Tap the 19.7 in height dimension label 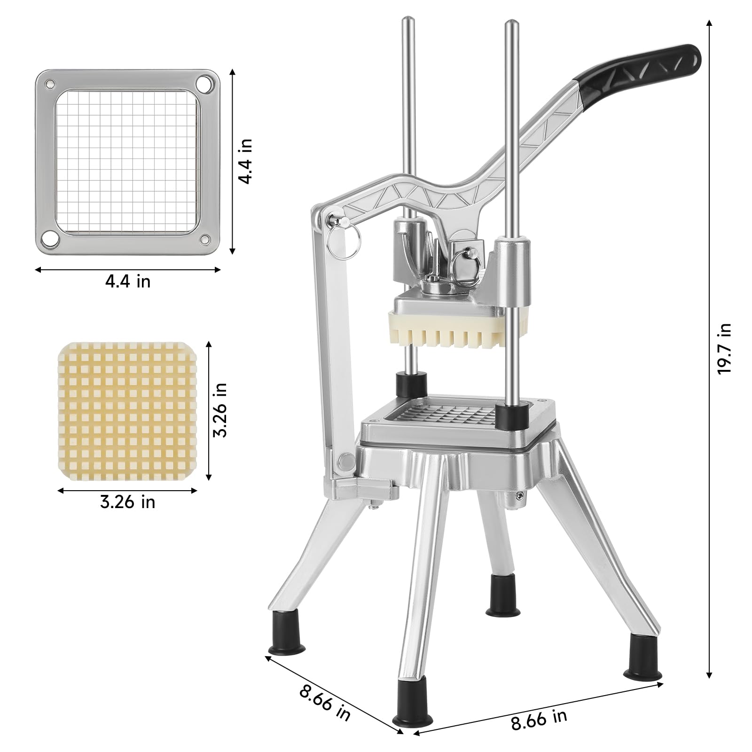point(724,348)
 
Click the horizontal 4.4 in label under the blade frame point(128,281)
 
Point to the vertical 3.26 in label point(220,410)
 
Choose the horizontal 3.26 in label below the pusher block point(127,502)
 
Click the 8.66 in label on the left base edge point(325,701)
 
